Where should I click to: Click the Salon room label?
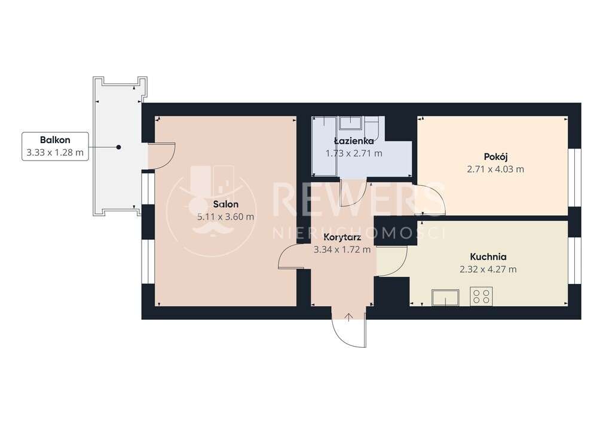pyautogui.click(x=225, y=204)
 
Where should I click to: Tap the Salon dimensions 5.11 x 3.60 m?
pyautogui.click(x=225, y=217)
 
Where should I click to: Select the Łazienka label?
pyautogui.click(x=354, y=141)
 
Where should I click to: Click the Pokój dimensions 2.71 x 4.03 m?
pyautogui.click(x=495, y=169)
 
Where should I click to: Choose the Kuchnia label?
pyautogui.click(x=488, y=257)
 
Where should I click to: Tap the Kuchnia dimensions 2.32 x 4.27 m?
pyautogui.click(x=488, y=269)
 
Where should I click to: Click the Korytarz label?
pyautogui.click(x=342, y=237)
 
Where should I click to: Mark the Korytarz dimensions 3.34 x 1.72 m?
pyautogui.click(x=342, y=249)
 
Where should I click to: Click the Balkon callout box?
pyautogui.click(x=54, y=147)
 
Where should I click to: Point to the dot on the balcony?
pyautogui.click(x=119, y=147)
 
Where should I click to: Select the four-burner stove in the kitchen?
pyautogui.click(x=481, y=297)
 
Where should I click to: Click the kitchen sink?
pyautogui.click(x=446, y=297)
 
